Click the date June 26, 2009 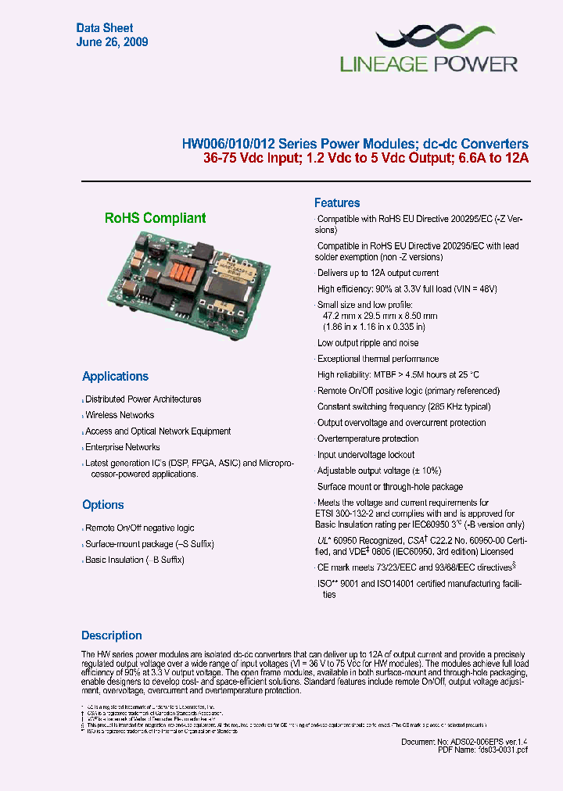click(112, 42)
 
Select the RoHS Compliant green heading click(156, 219)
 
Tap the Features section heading click(337, 203)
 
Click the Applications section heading click(115, 377)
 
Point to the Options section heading click(103, 505)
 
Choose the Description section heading click(112, 635)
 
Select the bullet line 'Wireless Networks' click(120, 415)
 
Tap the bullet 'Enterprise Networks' click(123, 447)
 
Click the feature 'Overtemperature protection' click(368, 438)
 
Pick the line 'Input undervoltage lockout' click(366, 455)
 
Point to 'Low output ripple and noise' click(368, 343)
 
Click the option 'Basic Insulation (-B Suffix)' click(134, 560)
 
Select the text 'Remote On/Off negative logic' click(140, 528)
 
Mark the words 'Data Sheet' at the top click(104, 28)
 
